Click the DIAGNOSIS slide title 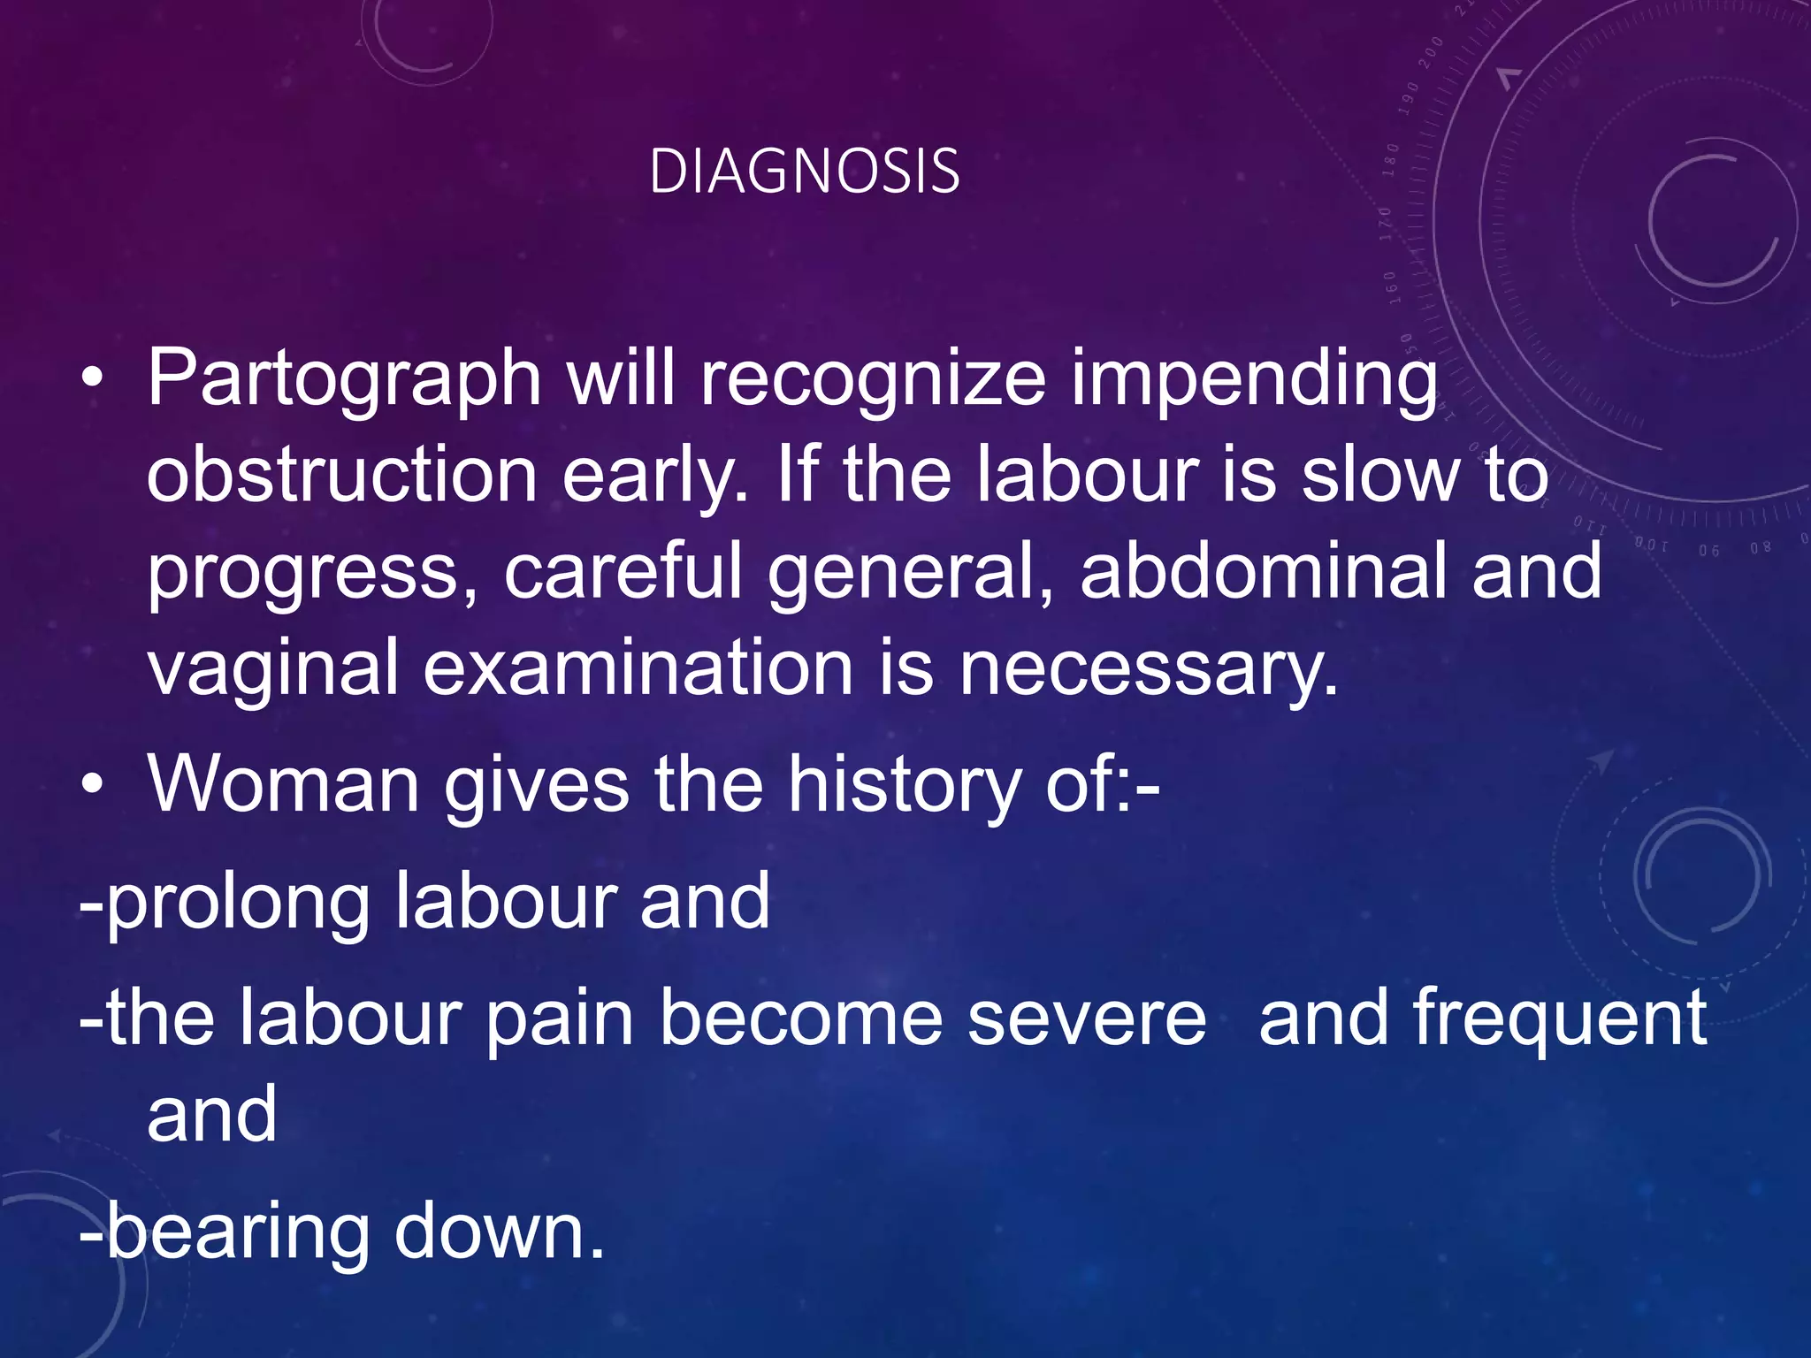[x=804, y=171]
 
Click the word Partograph [x=344, y=378]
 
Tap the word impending [x=1254, y=378]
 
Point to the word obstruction [x=341, y=475]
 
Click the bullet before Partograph [x=92, y=378]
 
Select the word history [x=904, y=784]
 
